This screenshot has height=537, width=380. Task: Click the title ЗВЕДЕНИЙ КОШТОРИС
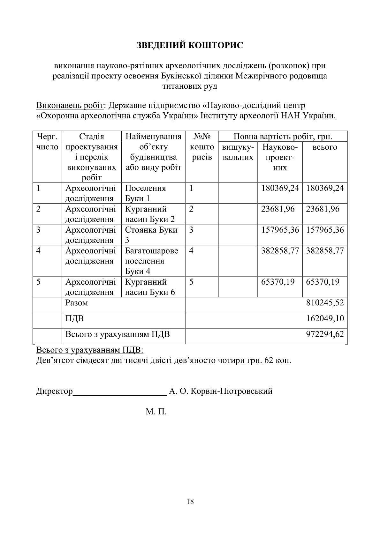pyautogui.click(x=190, y=45)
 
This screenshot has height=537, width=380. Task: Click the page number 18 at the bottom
pyautogui.click(x=190, y=502)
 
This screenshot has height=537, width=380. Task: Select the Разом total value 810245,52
pyautogui.click(x=325, y=302)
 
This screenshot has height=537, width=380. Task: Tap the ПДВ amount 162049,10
pyautogui.click(x=325, y=318)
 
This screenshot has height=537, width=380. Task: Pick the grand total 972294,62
pyautogui.click(x=325, y=334)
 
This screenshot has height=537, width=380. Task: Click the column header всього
pyautogui.click(x=325, y=147)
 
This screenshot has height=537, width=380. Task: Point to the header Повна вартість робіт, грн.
pyautogui.click(x=283, y=137)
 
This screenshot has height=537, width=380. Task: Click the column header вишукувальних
pyautogui.click(x=238, y=152)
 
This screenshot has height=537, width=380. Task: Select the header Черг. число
pyautogui.click(x=47, y=142)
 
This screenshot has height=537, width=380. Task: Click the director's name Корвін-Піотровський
pyautogui.click(x=231, y=391)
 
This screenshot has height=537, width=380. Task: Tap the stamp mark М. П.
pyautogui.click(x=156, y=412)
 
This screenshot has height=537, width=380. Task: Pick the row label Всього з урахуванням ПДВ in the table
pyautogui.click(x=118, y=334)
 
